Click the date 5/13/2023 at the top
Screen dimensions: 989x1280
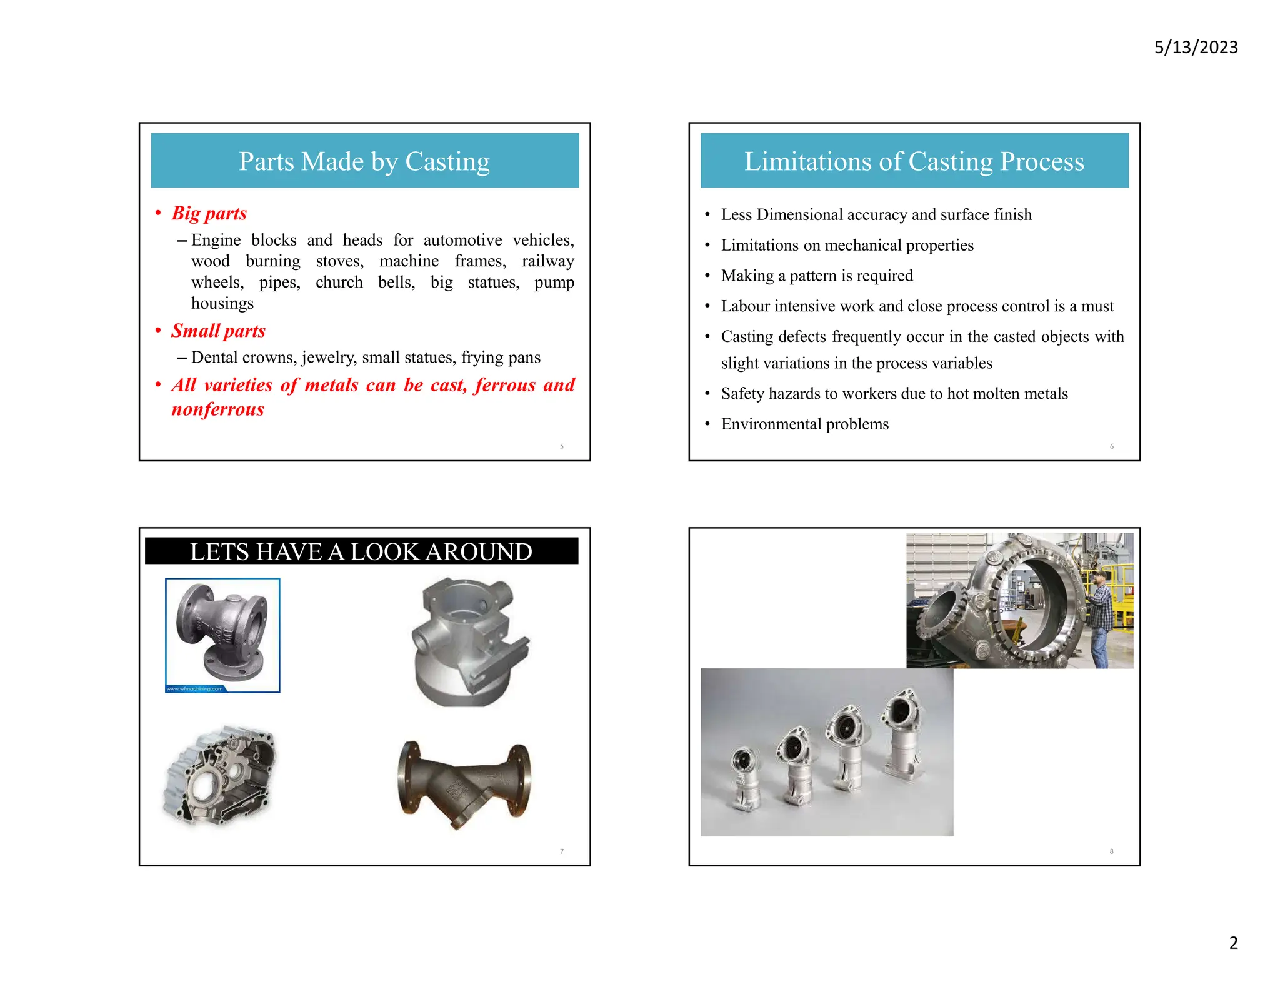(x=1196, y=48)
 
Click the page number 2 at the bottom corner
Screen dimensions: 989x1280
(x=1233, y=943)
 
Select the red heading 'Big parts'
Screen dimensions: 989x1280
(x=209, y=213)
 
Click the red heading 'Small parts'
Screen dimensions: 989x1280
(x=218, y=331)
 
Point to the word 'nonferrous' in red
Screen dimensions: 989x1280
(x=217, y=409)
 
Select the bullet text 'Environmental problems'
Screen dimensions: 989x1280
(x=804, y=424)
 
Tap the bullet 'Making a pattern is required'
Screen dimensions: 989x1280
(x=816, y=276)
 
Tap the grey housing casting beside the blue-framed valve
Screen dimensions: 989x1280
(x=467, y=643)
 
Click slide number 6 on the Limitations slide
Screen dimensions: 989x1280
(x=1111, y=446)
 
